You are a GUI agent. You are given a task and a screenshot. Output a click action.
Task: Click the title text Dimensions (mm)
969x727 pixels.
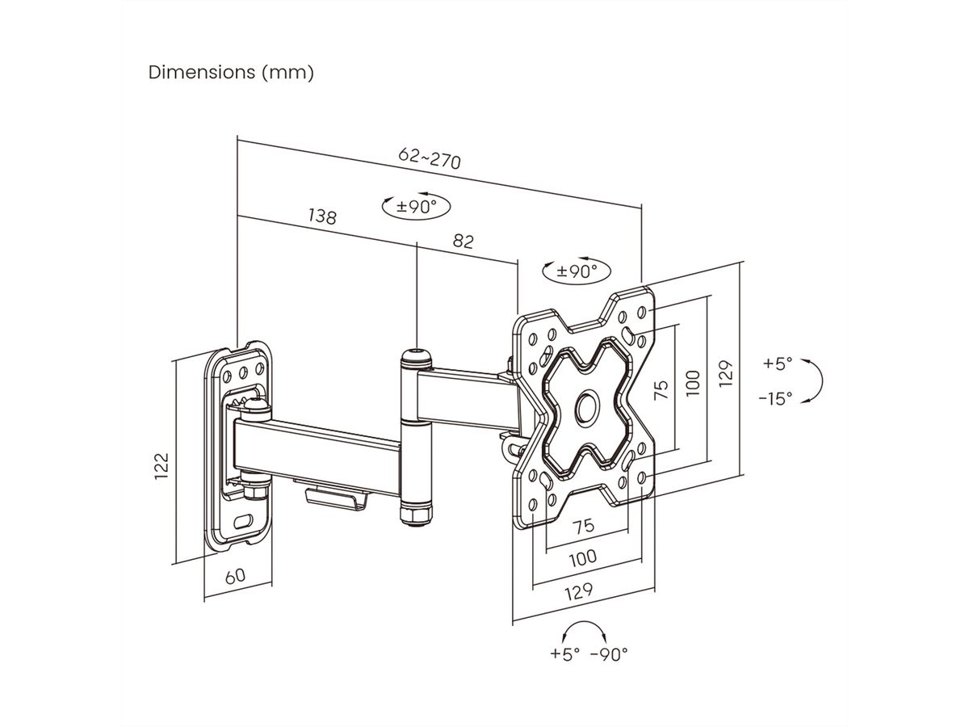(x=231, y=72)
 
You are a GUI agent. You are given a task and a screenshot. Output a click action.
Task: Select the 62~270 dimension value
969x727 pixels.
(x=430, y=158)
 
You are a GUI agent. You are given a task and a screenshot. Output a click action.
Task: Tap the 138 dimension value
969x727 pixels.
(x=321, y=216)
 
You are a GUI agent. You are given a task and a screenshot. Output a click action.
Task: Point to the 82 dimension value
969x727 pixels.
(x=463, y=241)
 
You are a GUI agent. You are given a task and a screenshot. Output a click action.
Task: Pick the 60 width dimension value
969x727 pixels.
(x=235, y=576)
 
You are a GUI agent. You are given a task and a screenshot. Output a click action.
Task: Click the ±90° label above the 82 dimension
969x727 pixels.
(x=416, y=206)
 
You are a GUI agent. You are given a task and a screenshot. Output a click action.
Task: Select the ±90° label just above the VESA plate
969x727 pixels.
(x=577, y=271)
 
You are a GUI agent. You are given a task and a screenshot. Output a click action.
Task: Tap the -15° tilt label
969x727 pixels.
(x=775, y=398)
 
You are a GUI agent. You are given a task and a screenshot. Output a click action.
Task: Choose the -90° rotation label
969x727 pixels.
(x=609, y=653)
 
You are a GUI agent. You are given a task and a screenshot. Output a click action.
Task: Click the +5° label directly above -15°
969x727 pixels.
(x=778, y=363)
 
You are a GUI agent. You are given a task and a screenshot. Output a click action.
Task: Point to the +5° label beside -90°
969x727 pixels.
(x=565, y=653)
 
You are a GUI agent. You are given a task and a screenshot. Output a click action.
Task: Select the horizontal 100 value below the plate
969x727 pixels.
(x=583, y=557)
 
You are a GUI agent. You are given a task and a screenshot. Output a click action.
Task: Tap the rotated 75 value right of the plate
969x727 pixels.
(x=661, y=392)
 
